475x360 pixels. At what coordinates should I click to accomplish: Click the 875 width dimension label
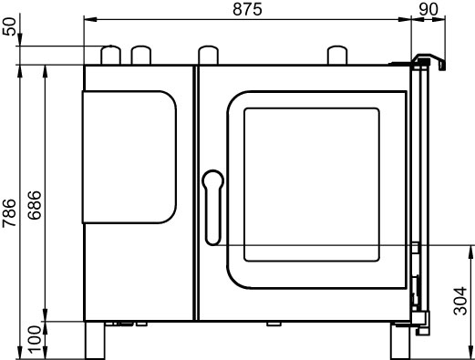[x=247, y=9]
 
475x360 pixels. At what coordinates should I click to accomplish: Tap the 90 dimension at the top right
[x=429, y=9]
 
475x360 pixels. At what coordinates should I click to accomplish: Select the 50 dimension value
[x=9, y=26]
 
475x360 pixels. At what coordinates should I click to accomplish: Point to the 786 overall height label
[x=9, y=212]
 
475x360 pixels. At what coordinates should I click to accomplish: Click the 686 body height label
[x=34, y=205]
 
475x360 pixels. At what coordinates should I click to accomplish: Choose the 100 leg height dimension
[x=34, y=340]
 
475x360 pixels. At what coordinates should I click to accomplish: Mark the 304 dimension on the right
[x=460, y=301]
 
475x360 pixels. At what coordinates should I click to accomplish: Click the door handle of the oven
[x=212, y=208]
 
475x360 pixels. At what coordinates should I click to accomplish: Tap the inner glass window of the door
[x=312, y=184]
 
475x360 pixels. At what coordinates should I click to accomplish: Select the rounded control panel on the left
[x=129, y=157]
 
